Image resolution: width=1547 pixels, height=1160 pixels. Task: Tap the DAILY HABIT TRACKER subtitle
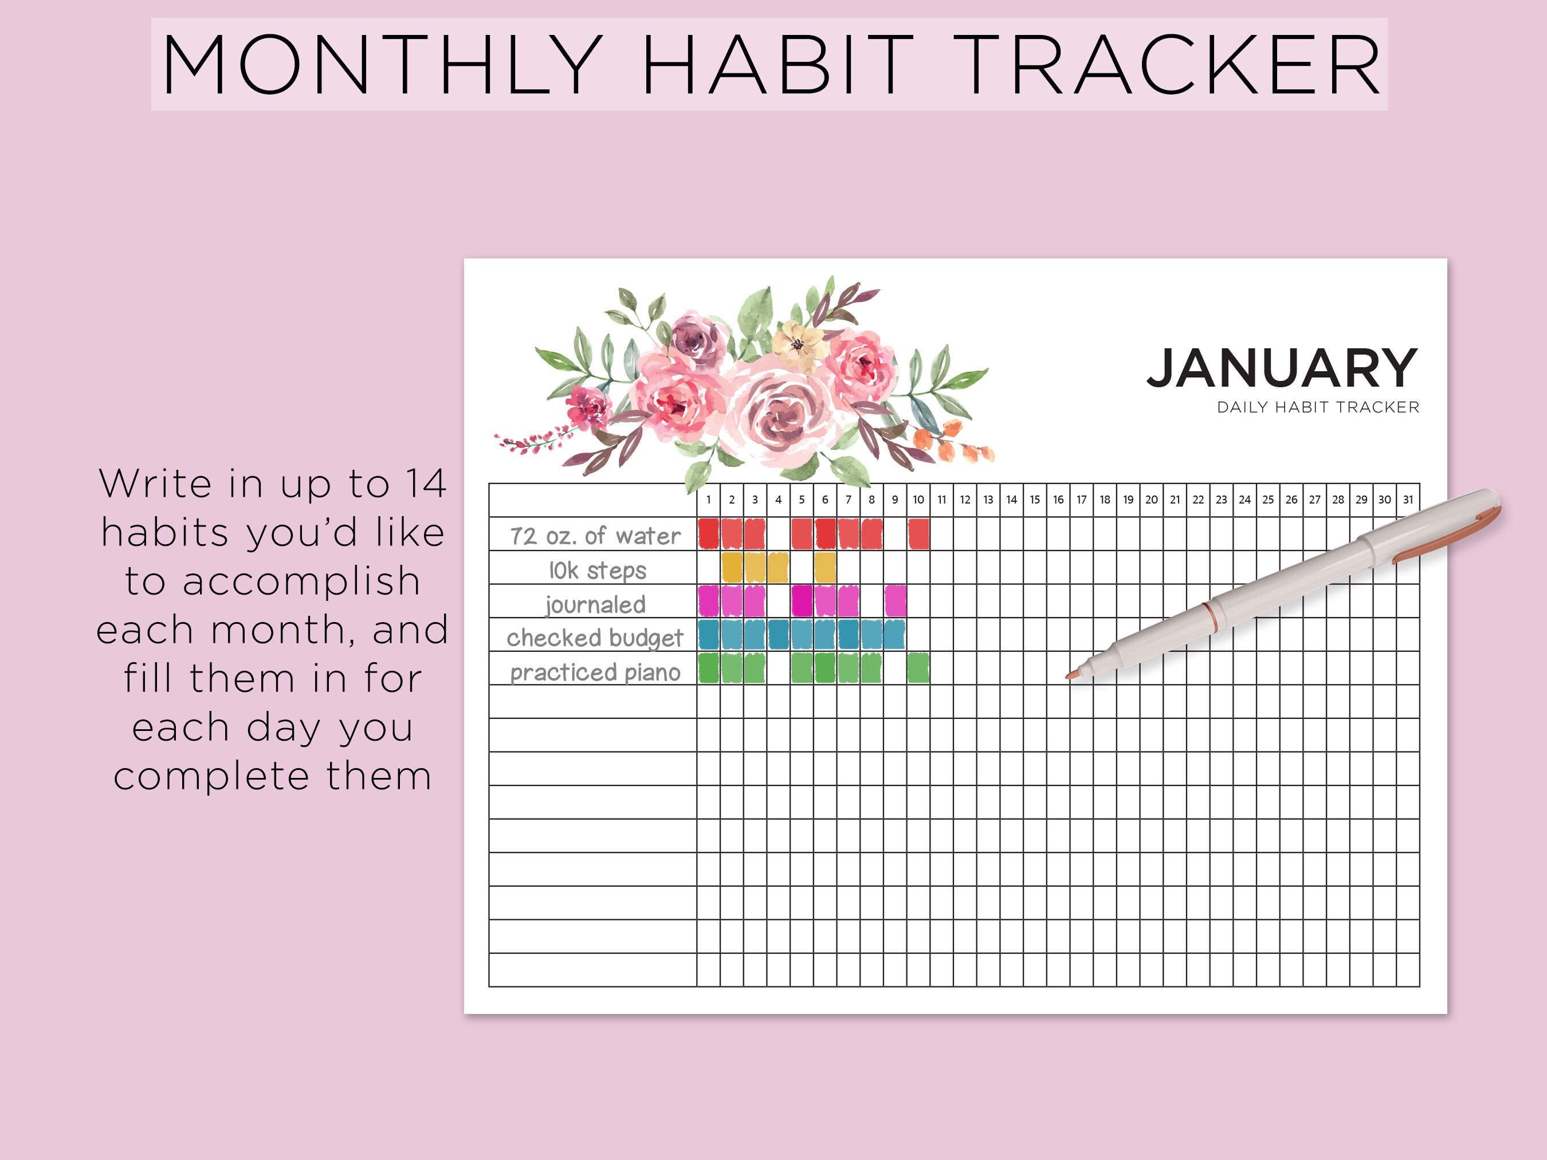1318,407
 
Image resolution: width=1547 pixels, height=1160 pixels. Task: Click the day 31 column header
1408,500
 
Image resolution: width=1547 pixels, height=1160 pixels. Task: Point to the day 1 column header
708,500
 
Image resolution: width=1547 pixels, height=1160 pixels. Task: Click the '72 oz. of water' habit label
595,536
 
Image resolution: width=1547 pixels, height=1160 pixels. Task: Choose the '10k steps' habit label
597,571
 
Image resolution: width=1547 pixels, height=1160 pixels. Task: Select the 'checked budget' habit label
595,638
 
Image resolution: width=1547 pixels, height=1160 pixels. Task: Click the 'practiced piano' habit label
595,672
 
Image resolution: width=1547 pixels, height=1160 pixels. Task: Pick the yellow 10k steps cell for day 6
825,568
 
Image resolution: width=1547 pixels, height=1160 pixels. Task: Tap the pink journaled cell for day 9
895,601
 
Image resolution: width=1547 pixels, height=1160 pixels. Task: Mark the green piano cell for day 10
918,669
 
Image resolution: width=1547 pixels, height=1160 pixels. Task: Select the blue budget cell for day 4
779,635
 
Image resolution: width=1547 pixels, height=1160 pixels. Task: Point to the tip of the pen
1068,675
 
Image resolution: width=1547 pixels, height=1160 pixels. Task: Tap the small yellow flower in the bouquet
798,344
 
